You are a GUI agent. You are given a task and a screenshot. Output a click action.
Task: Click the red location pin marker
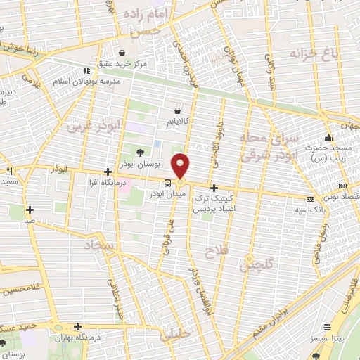[x=181, y=166]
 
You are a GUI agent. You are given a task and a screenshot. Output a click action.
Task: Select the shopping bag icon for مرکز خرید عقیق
[x=122, y=52]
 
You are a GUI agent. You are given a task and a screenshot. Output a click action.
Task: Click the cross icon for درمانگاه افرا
[x=107, y=172]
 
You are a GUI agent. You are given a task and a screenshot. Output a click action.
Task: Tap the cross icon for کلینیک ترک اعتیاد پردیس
[x=214, y=188]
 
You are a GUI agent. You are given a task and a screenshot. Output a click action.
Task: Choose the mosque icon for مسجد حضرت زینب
[x=328, y=137]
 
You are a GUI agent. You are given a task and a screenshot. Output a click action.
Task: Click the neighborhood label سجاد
[x=101, y=245]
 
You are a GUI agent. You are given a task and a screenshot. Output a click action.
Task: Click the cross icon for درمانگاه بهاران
[x=77, y=326]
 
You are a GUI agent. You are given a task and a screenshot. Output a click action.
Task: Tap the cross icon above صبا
[x=30, y=209]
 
